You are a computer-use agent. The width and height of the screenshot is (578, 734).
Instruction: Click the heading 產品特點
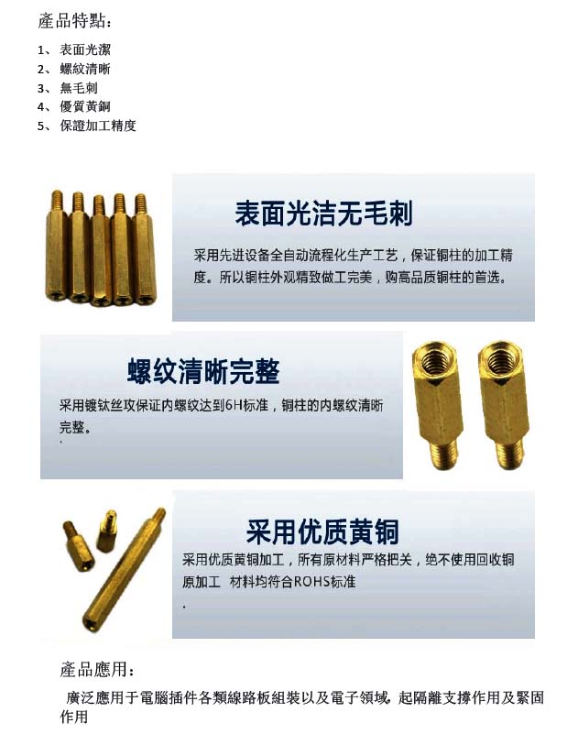click(x=74, y=21)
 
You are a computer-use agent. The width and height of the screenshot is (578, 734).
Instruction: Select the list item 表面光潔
click(x=84, y=49)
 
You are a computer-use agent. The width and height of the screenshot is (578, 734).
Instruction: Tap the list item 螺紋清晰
click(x=84, y=69)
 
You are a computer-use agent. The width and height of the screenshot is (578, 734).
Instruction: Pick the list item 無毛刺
click(x=79, y=88)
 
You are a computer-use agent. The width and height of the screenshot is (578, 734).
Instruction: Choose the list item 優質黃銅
click(x=84, y=106)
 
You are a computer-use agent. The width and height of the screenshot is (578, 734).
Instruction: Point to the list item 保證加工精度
click(x=98, y=126)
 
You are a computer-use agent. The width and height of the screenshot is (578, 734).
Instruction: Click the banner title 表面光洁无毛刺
click(x=323, y=214)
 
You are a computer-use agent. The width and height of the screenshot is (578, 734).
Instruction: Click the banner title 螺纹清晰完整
click(x=203, y=372)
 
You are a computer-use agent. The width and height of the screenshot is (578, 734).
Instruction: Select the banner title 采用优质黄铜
click(x=322, y=531)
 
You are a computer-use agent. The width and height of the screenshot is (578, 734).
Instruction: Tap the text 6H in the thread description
click(x=234, y=405)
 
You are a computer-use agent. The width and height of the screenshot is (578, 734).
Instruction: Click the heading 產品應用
click(x=96, y=670)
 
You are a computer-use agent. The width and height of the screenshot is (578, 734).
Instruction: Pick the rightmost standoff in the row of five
click(x=144, y=249)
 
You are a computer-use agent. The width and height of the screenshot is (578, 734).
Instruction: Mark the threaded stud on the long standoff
click(x=159, y=516)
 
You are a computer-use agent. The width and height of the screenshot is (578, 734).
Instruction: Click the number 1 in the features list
click(x=40, y=50)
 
